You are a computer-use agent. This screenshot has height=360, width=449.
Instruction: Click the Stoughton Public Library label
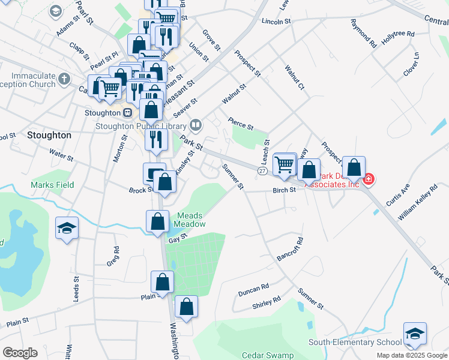tap(141, 126)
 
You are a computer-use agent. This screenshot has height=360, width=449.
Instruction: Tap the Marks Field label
tap(53, 185)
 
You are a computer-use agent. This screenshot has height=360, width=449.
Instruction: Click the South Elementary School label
tap(355, 342)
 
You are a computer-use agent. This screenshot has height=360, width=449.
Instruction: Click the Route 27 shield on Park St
tap(262, 171)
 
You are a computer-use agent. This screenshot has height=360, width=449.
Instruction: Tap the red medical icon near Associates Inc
tap(368, 178)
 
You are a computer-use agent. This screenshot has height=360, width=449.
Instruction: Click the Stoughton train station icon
tap(127, 113)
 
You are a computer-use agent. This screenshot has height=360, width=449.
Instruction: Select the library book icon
tap(195, 125)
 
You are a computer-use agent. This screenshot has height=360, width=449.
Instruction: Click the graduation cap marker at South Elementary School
tap(415, 334)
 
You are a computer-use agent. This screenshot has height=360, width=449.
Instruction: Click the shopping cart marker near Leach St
tap(284, 163)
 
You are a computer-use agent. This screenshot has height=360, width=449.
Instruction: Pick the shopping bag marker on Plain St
tap(162, 282)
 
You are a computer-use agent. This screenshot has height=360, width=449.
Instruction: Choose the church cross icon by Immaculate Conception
tap(65, 78)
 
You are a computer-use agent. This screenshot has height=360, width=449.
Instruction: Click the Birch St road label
tap(285, 190)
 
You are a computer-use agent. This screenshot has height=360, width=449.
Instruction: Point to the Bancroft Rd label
tap(290, 248)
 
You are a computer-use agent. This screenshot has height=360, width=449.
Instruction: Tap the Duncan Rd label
tap(253, 290)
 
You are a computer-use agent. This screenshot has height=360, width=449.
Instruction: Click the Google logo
tap(20, 353)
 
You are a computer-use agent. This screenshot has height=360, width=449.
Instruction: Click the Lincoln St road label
tap(276, 21)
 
